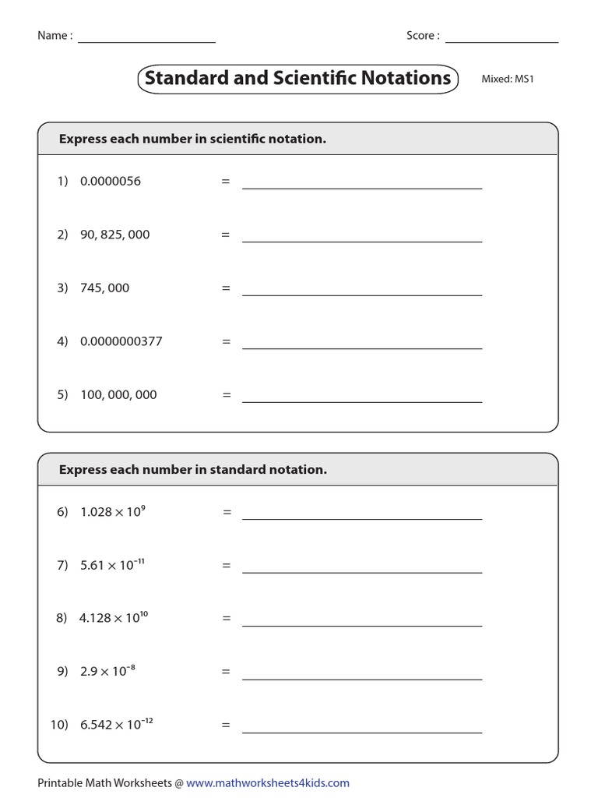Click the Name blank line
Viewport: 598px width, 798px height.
tap(146, 41)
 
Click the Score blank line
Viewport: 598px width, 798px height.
tap(501, 41)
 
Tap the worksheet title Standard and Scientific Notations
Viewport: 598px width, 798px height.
tap(297, 79)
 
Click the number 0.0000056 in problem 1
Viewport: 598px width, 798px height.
tap(111, 181)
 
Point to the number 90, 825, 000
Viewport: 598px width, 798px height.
tap(114, 235)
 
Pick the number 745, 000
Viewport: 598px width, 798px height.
tap(104, 288)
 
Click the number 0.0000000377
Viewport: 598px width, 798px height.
tap(121, 341)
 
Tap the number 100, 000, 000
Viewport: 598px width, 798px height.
tap(118, 394)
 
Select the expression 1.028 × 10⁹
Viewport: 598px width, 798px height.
tap(113, 511)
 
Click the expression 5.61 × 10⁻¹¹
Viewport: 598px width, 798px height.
tap(112, 565)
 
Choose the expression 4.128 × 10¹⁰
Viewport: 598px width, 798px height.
tap(114, 618)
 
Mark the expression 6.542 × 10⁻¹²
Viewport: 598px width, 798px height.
tap(116, 725)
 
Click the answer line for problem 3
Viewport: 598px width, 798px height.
tap(362, 294)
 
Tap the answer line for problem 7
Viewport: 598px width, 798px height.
tap(362, 571)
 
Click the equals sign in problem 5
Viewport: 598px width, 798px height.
tap(227, 395)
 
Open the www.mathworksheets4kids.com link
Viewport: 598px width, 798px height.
tap(268, 782)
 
